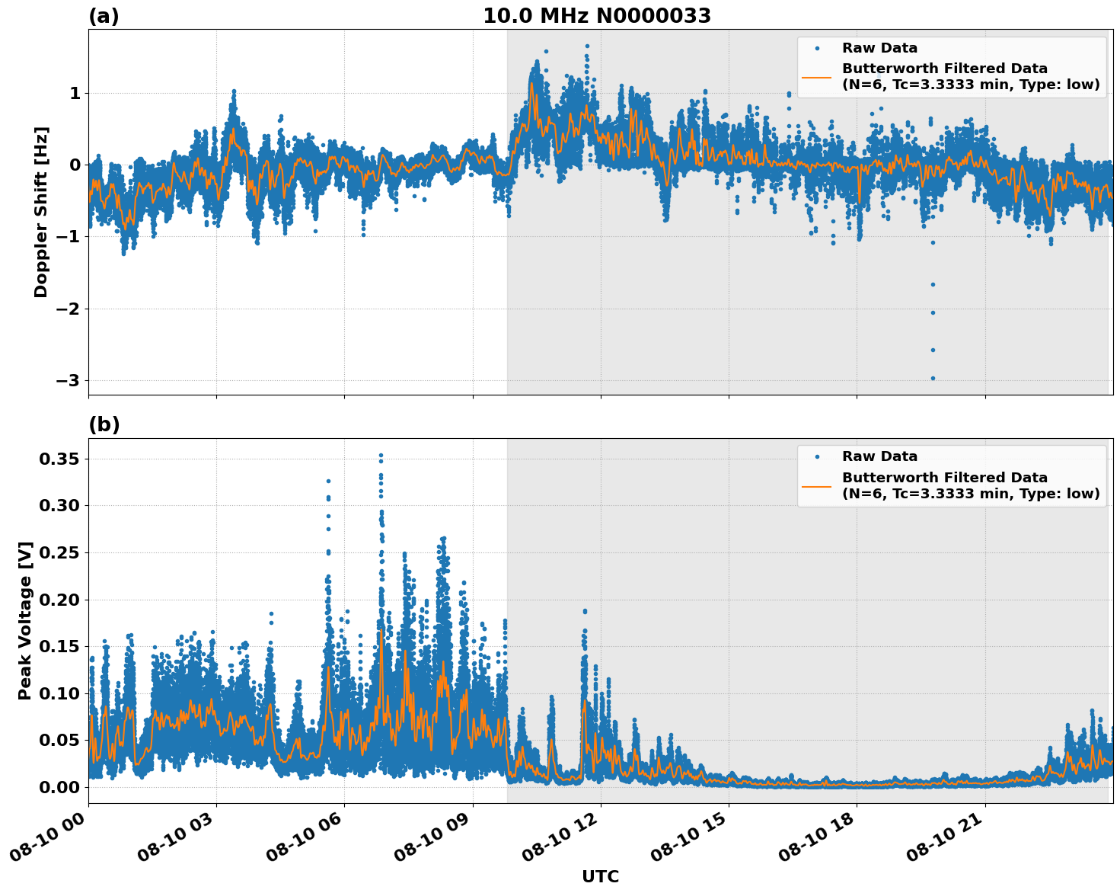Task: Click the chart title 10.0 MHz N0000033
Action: tap(596, 16)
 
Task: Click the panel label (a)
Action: tap(104, 16)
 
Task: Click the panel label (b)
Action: tap(104, 424)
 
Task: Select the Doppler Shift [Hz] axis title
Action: tap(41, 212)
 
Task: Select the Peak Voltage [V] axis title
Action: tap(25, 620)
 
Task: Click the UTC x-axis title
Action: tap(600, 876)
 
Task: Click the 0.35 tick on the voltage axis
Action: tap(59, 459)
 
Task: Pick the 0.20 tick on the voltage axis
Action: tap(59, 600)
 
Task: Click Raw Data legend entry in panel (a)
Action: tap(879, 48)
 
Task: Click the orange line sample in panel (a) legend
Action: tap(817, 76)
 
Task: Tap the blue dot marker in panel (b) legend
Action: tap(817, 456)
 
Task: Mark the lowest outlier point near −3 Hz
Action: tap(933, 378)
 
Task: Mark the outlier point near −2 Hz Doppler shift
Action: tap(933, 312)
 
